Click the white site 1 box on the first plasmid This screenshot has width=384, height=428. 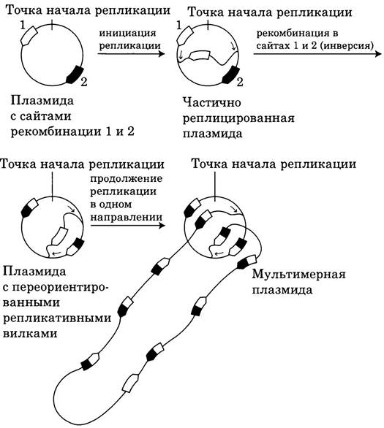tap(29, 36)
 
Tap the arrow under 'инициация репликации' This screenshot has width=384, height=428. tap(131, 54)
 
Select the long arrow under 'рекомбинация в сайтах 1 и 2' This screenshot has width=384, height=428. tap(317, 54)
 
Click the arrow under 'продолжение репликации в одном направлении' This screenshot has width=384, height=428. tap(128, 226)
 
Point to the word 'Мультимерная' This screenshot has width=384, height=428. tap(298, 274)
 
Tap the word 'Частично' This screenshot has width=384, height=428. tap(212, 103)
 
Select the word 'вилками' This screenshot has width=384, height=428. tap(30, 334)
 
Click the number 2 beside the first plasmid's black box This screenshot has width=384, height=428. tap(84, 82)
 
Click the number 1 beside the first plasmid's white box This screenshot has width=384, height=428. tap(23, 26)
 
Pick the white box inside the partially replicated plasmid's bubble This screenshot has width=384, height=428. tap(200, 56)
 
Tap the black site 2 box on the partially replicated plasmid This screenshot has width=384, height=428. tap(231, 74)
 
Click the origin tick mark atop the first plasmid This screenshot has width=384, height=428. tap(52, 25)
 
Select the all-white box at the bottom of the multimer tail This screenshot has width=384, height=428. tap(130, 383)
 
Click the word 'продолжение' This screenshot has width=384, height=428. tap(127, 179)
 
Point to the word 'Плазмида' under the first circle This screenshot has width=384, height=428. tap(42, 101)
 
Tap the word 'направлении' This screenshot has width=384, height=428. tap(127, 217)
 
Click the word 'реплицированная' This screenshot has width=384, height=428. tap(238, 119)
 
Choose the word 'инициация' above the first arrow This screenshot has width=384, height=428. tap(127, 34)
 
